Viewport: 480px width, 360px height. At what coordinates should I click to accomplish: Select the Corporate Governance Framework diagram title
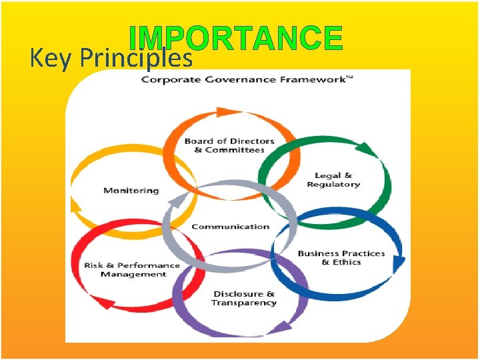coord(247,80)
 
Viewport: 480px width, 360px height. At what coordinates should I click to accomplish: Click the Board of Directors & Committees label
coord(229,145)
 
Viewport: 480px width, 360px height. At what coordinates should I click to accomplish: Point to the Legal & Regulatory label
coord(333,180)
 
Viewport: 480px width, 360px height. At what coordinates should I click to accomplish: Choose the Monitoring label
coord(131,191)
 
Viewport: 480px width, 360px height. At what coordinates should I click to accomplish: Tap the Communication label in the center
coord(230,227)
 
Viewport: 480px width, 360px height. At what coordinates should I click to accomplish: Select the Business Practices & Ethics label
coord(341,257)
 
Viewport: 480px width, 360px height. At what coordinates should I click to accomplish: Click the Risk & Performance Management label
coord(132,269)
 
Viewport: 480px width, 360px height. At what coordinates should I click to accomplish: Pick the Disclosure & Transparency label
coord(243,298)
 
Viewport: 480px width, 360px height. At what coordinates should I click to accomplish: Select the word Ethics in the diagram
coord(347,262)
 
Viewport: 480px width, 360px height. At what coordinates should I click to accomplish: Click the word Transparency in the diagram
coord(243,303)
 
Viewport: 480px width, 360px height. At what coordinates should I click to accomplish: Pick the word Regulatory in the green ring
coord(333,185)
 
